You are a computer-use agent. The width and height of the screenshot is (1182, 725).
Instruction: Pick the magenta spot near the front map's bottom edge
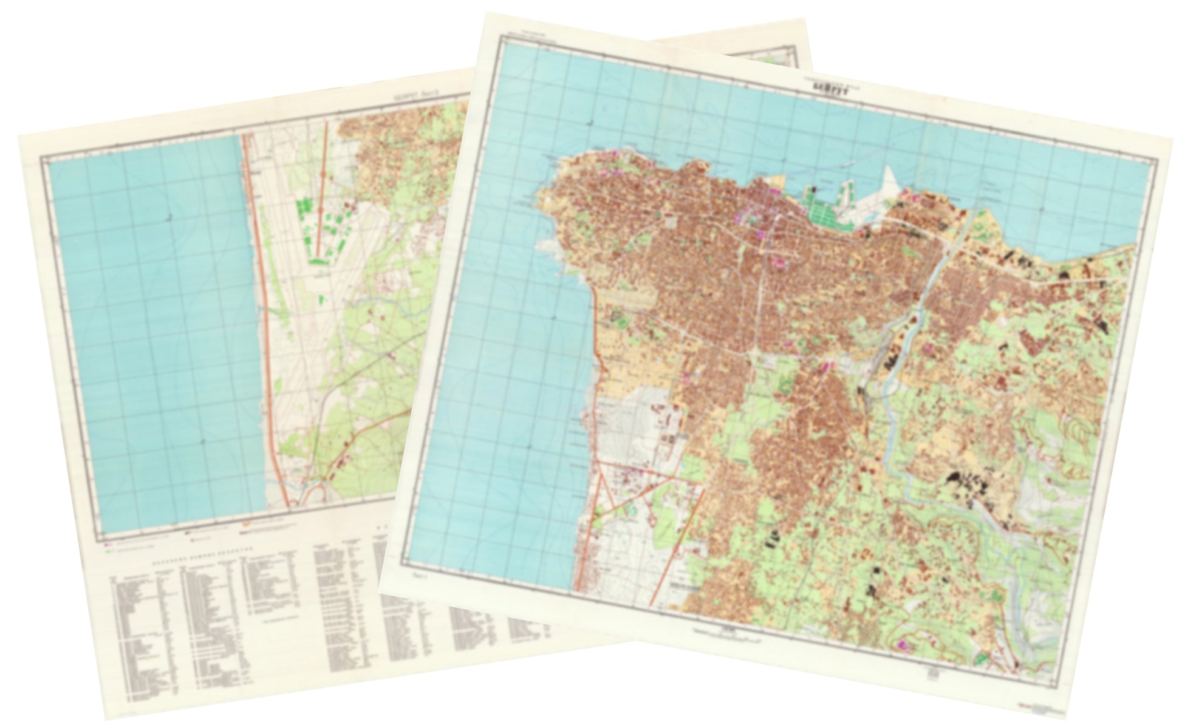[903, 645]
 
